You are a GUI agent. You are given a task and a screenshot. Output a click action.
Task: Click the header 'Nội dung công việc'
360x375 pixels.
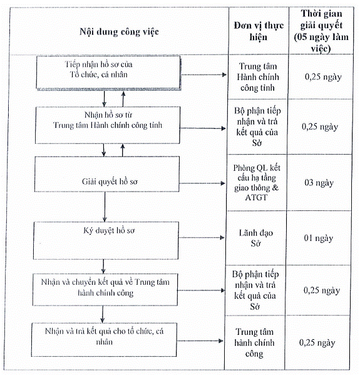(119, 32)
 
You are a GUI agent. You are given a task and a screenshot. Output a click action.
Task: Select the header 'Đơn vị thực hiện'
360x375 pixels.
(259, 31)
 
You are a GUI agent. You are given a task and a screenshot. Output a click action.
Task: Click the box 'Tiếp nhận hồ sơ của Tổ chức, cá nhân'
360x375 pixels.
(108, 73)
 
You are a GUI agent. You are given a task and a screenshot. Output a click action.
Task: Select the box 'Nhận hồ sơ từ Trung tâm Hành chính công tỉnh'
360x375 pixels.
(108, 125)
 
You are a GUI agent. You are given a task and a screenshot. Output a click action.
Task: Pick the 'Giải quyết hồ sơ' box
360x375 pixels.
(107, 174)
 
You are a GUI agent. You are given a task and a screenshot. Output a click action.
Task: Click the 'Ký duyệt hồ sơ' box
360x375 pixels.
(106, 240)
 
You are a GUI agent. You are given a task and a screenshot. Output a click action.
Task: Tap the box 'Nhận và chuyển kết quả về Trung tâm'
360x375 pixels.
(105, 290)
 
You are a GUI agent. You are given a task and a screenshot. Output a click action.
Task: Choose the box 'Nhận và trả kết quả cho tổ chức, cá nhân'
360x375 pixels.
(104, 339)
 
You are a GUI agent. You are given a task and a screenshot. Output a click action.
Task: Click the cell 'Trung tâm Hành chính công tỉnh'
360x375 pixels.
(258, 77)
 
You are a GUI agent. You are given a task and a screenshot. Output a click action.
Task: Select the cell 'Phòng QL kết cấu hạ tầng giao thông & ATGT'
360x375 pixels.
(257, 182)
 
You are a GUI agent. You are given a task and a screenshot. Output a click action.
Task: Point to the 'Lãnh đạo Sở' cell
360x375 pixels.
(255, 238)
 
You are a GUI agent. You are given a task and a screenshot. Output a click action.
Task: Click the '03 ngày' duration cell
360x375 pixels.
(319, 183)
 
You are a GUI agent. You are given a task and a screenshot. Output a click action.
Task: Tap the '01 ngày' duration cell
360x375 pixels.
(319, 238)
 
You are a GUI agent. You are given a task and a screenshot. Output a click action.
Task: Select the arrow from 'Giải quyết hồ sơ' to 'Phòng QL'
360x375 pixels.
(202, 183)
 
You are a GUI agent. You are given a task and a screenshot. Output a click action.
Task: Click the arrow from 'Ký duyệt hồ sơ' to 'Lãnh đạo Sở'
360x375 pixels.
(202, 237)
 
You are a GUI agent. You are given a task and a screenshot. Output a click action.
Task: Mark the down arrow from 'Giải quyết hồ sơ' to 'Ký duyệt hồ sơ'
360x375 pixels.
(105, 207)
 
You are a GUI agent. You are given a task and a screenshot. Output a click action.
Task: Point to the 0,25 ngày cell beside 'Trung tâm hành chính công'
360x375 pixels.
(317, 342)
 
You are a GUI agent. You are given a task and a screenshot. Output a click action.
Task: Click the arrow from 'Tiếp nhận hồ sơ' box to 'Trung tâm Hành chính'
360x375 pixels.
(204, 75)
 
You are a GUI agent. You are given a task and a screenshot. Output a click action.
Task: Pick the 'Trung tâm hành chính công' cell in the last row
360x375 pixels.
(254, 342)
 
